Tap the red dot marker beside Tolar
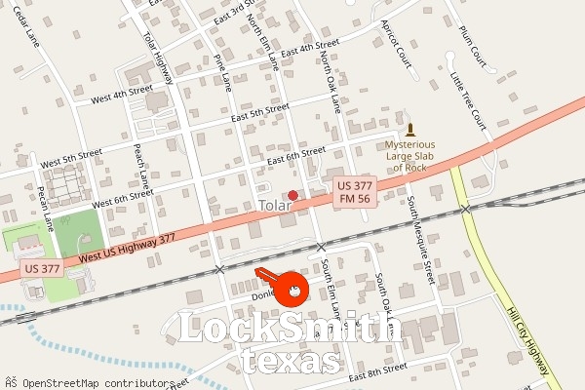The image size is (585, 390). (292, 195)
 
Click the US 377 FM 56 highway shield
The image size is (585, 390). (355, 191)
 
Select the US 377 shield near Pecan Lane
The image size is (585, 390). (42, 267)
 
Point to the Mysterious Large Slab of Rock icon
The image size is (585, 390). (409, 131)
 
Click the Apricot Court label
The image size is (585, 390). (398, 44)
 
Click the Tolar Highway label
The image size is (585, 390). (157, 58)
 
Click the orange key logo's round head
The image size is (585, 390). (292, 289)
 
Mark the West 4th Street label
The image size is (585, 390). (122, 95)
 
